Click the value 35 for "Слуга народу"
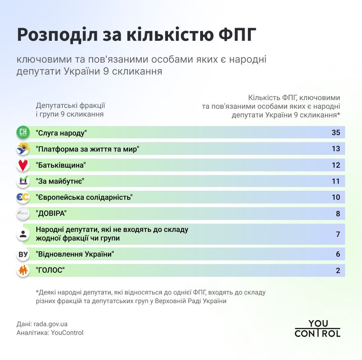click(x=336, y=133)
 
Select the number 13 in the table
click(x=336, y=149)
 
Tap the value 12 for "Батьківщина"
click(x=336, y=165)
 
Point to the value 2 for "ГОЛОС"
click(x=338, y=271)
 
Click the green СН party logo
click(x=23, y=133)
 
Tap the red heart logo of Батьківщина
click(x=23, y=165)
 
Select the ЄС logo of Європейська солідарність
click(x=23, y=197)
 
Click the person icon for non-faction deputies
click(x=23, y=234)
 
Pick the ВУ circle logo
click(x=23, y=255)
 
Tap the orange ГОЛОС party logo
click(x=23, y=271)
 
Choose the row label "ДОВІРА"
click(x=51, y=214)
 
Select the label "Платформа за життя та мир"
click(x=87, y=149)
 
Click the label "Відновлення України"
click(x=75, y=255)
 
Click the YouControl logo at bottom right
click(x=317, y=329)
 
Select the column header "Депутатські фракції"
click(x=70, y=105)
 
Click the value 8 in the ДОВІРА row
click(x=338, y=214)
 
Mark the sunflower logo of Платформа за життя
click(x=23, y=149)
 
